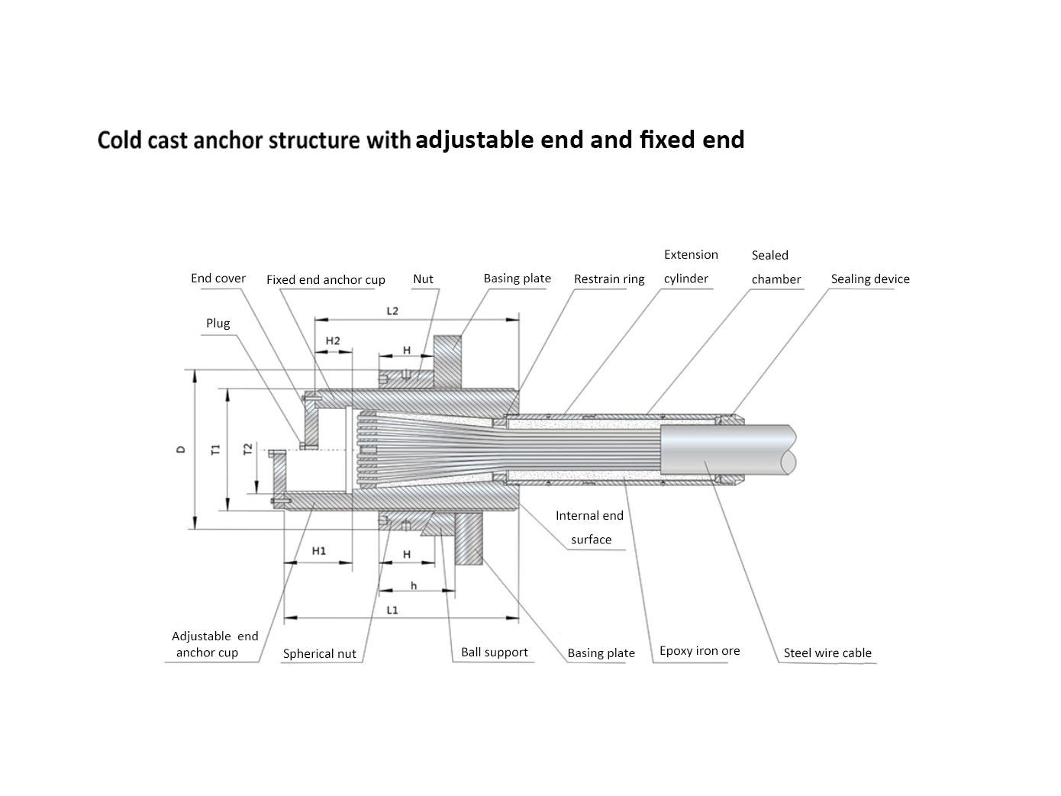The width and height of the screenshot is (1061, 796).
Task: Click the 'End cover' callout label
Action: point(218,279)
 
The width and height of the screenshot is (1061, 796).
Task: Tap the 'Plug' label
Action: point(218,324)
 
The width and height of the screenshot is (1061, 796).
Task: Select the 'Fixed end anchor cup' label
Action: point(325,280)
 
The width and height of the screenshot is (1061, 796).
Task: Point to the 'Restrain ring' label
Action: point(609,279)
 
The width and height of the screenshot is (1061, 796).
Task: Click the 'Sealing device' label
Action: point(870,279)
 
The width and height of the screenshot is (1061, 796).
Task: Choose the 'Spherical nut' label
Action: point(319,654)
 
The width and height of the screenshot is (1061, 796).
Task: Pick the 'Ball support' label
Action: point(494,653)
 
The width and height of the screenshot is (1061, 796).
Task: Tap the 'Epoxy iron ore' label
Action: point(699,651)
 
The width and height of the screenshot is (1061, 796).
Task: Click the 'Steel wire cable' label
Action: point(827,653)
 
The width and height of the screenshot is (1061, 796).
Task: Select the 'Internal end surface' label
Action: point(590,527)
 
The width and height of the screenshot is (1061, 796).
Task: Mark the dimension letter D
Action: point(181,450)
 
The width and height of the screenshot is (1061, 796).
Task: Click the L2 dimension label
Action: point(392,311)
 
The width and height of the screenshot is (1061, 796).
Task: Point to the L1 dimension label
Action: point(392,611)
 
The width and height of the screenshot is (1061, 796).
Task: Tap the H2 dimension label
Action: point(333,341)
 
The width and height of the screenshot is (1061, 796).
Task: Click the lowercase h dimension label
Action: point(414,586)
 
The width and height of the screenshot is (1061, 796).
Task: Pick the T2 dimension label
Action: point(247,450)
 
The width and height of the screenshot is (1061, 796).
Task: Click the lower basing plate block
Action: point(468,538)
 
